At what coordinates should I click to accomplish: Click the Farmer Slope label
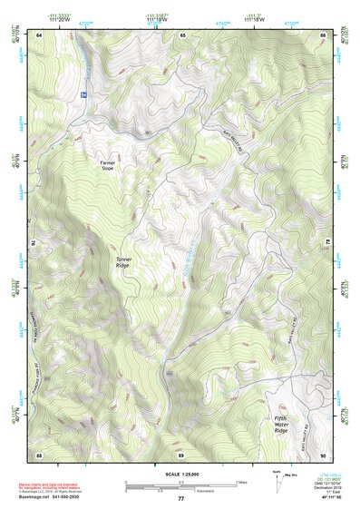point(108,165)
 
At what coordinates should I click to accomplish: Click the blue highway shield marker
point(83,94)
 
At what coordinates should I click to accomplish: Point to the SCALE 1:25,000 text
point(180,475)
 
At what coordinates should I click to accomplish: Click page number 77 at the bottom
point(180,499)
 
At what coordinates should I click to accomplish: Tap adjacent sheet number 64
point(40,34)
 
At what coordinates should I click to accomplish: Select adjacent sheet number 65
point(182,34)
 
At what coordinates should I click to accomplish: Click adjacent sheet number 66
point(324,34)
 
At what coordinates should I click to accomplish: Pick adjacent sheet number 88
point(40,454)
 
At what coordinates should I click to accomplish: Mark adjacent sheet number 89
point(182,454)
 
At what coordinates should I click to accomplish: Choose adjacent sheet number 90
point(324,454)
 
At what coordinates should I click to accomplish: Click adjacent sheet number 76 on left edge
point(35,244)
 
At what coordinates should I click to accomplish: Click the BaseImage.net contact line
point(54,496)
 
